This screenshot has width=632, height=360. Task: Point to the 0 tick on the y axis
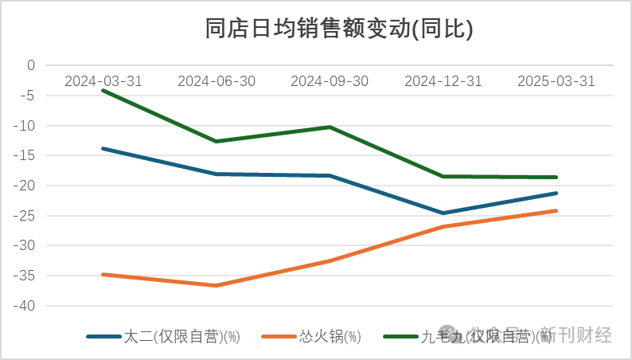[31, 65]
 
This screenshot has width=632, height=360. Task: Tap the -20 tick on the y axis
[26, 186]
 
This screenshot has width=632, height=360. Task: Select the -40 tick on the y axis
[26, 306]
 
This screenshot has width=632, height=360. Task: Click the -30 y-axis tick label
[26, 246]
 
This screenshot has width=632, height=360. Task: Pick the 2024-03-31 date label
[103, 81]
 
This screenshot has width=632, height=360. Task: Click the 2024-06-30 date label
[217, 81]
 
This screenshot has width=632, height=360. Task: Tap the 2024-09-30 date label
[330, 81]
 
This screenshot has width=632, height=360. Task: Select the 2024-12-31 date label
[443, 81]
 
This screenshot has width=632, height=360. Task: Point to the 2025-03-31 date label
[556, 81]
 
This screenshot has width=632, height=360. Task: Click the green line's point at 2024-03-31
[103, 90]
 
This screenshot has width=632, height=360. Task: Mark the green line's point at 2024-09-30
[330, 127]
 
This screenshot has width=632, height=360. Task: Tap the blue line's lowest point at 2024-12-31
[443, 213]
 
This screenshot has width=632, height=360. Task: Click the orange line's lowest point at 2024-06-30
[217, 285]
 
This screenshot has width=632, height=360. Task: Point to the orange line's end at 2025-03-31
[556, 211]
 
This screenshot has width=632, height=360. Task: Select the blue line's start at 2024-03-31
[103, 148]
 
